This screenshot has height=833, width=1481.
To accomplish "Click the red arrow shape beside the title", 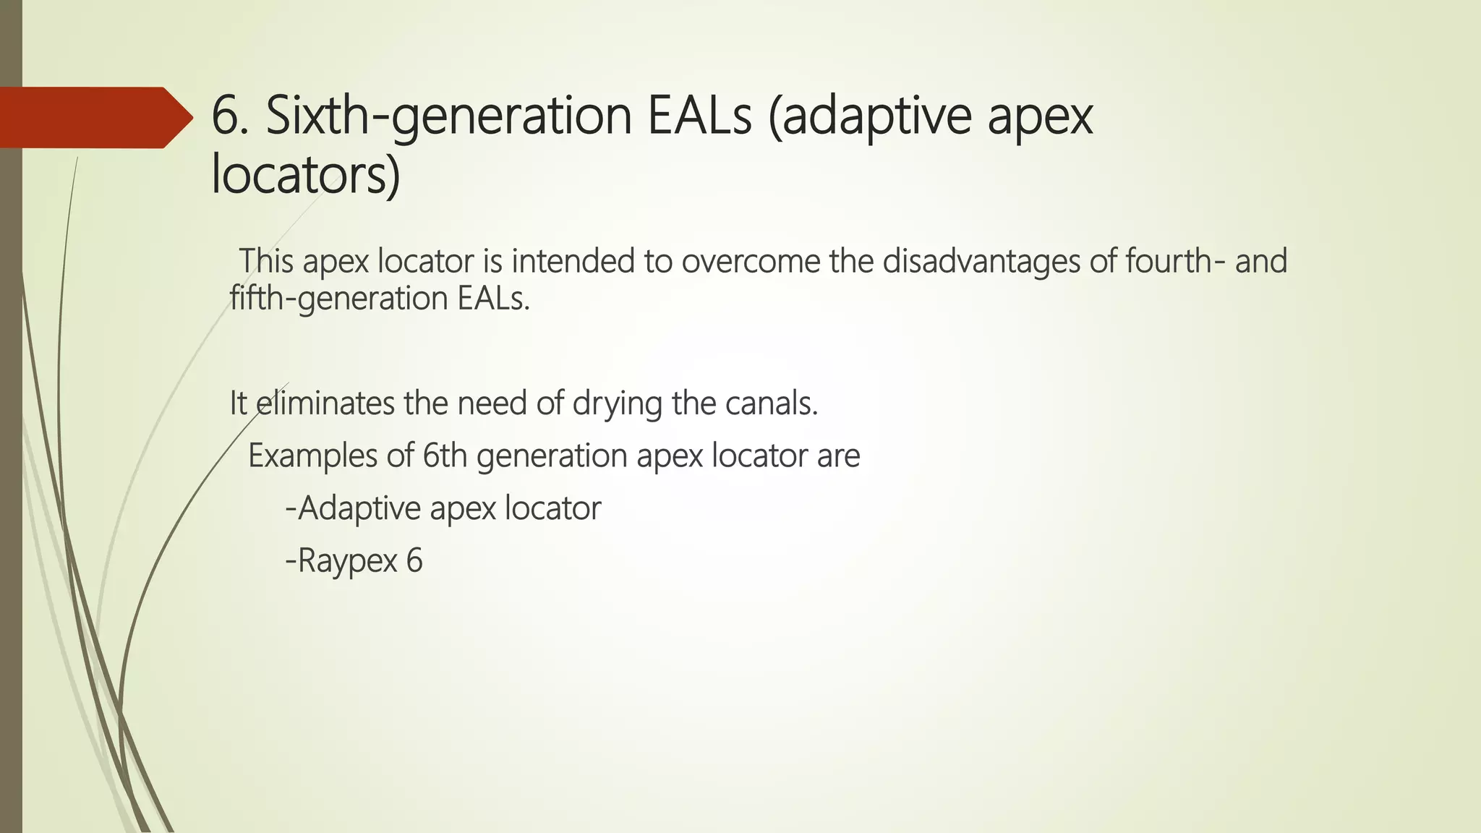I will pyautogui.click(x=94, y=117).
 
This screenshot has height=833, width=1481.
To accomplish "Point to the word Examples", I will pyautogui.click(x=312, y=456).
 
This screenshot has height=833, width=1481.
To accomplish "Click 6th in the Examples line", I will pyautogui.click(x=445, y=456).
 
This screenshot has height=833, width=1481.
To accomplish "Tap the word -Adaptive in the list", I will pyautogui.click(x=354, y=508).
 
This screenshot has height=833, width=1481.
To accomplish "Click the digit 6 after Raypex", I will pyautogui.click(x=414, y=560).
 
